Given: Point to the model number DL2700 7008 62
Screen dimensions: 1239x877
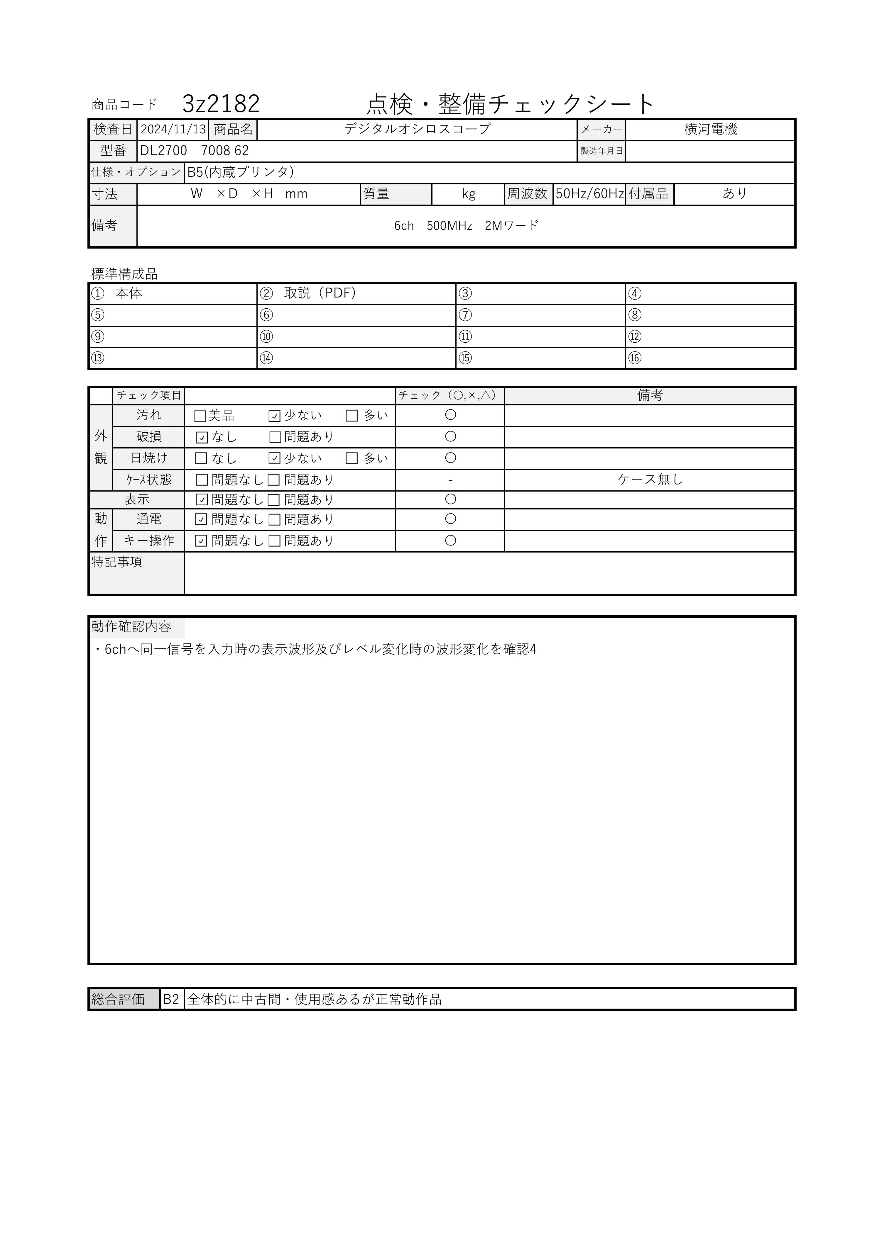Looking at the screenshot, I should tap(195, 151).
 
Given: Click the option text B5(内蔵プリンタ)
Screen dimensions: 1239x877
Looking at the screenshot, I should tap(240, 172).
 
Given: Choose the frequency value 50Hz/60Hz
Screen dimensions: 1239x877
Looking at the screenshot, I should tap(589, 194).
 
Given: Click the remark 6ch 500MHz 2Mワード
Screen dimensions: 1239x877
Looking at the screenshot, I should tap(466, 226).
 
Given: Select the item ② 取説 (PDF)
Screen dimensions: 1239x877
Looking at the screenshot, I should tap(308, 294).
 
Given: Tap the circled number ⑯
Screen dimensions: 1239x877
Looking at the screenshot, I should tap(635, 358).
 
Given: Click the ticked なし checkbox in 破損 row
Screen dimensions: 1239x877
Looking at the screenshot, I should tap(202, 438).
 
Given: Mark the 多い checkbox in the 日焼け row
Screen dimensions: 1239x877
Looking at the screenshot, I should tap(352, 459).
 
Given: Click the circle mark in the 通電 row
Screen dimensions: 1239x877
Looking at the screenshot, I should tap(450, 519).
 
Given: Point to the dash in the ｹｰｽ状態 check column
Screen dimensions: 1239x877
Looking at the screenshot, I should tap(450, 480).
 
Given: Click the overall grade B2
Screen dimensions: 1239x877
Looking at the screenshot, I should tap(171, 1000).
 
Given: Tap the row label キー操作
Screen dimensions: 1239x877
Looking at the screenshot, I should tap(149, 541).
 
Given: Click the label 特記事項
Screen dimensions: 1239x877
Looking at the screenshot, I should tap(117, 562).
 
